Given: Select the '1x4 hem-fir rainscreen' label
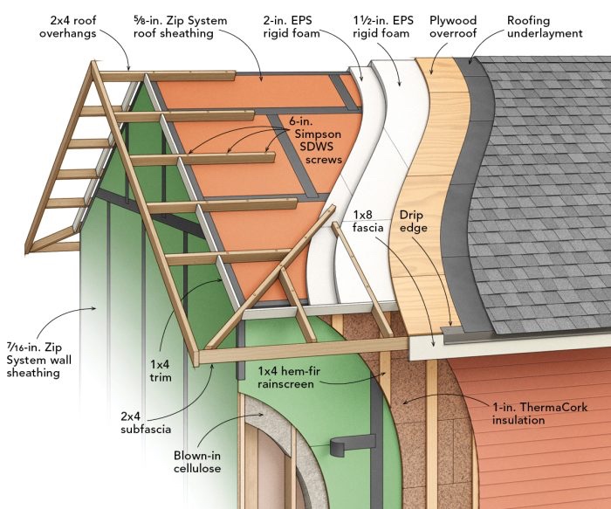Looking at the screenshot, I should coord(288,377).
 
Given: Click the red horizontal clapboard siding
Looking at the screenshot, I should coord(541,463).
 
